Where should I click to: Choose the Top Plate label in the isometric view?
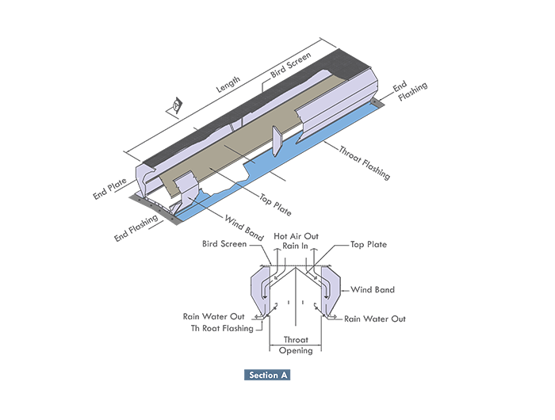pyautogui.click(x=276, y=204)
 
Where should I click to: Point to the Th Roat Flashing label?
pyautogui.click(x=222, y=327)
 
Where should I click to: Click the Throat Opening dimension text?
pyautogui.click(x=295, y=345)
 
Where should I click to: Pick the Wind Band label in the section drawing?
pyautogui.click(x=373, y=290)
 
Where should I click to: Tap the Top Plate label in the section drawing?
pyautogui.click(x=369, y=244)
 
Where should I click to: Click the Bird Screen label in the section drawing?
pyautogui.click(x=224, y=244)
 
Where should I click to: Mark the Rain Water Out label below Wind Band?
pyautogui.click(x=374, y=319)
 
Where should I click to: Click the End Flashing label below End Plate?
pyautogui.click(x=138, y=228)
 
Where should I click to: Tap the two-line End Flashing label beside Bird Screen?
pyautogui.click(x=412, y=89)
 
